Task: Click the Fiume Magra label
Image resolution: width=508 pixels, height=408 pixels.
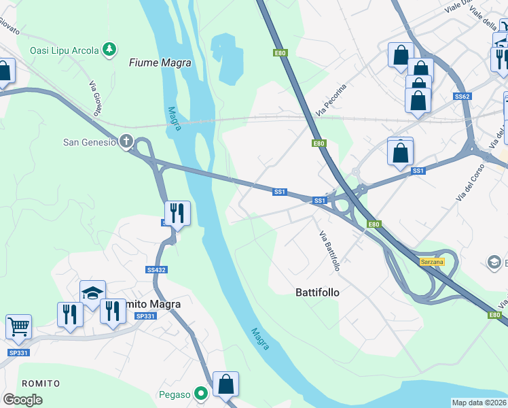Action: tap(160, 63)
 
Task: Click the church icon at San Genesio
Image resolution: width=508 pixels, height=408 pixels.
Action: tap(126, 141)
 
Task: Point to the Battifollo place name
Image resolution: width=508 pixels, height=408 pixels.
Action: tap(317, 292)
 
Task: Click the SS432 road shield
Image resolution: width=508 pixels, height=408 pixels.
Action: tap(156, 270)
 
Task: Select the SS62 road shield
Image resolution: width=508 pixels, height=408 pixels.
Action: tap(462, 97)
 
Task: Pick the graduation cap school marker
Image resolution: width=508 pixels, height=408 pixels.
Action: tap(92, 293)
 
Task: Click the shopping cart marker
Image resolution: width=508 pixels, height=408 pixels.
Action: tap(18, 326)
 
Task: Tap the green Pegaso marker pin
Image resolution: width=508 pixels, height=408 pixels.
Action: tap(200, 393)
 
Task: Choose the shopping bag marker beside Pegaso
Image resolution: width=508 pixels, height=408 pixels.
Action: tap(226, 384)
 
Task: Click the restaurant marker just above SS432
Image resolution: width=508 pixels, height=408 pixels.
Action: tap(177, 213)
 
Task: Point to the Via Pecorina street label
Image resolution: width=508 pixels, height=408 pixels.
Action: tap(331, 99)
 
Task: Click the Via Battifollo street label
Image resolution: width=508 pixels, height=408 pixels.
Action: tap(329, 251)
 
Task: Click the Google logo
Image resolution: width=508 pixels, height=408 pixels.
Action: tap(22, 400)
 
